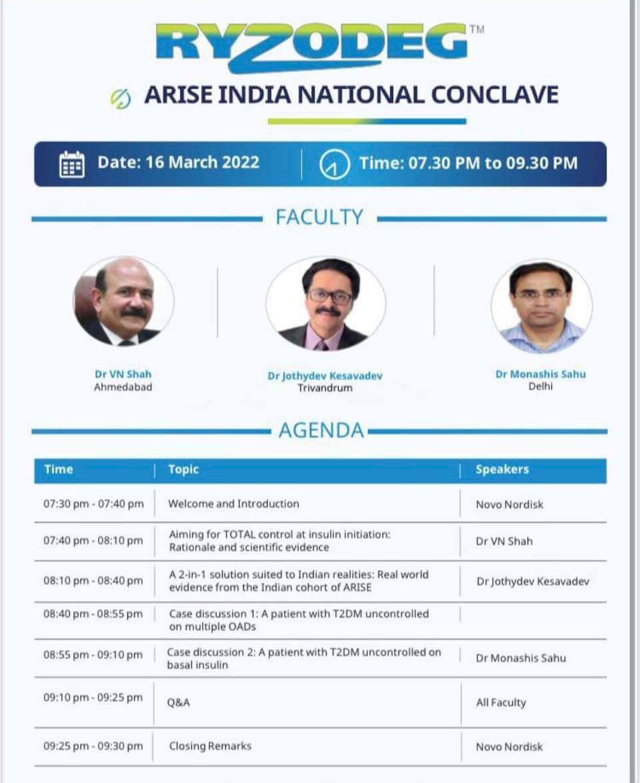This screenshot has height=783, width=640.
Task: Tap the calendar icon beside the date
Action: (x=72, y=164)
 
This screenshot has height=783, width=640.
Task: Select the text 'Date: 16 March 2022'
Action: (x=178, y=163)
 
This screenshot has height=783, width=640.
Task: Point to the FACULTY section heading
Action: (x=319, y=217)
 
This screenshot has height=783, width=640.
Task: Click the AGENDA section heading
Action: (x=321, y=430)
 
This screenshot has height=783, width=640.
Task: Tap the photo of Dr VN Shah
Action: (x=123, y=302)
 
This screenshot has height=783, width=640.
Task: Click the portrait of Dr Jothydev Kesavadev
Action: (x=325, y=304)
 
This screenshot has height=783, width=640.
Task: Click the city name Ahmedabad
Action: (x=123, y=387)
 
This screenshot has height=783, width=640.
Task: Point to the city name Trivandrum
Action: (x=325, y=388)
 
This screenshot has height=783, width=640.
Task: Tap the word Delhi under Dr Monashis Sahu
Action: (x=541, y=387)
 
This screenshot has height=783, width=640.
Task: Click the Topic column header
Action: (x=183, y=470)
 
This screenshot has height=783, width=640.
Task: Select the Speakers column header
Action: (x=502, y=470)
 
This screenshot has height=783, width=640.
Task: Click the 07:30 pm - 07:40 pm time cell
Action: (x=93, y=504)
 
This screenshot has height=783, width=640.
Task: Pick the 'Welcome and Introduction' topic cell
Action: (x=233, y=504)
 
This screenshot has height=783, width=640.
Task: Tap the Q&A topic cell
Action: (x=179, y=702)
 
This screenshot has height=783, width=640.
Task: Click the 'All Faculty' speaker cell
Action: (x=501, y=702)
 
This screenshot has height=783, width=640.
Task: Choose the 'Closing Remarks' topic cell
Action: (x=210, y=746)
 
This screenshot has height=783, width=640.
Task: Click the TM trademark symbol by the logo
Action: (x=477, y=29)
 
